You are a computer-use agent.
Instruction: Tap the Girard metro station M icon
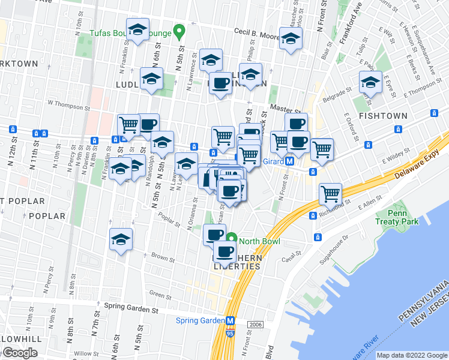coord(289,161)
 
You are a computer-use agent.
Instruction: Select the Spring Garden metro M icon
coord(231,320)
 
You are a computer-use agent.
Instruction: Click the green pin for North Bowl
coord(233,242)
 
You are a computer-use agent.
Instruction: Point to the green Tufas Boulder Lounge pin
coord(178,31)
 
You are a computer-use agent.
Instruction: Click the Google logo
coord(19,353)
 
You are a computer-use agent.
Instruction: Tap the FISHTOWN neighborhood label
coord(383,116)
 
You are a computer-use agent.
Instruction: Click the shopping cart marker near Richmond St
coord(331,194)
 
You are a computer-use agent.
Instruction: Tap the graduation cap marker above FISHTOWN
coord(370,83)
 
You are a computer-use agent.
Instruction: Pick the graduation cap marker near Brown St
coord(121,239)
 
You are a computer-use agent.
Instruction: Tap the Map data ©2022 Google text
coord(411,355)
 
